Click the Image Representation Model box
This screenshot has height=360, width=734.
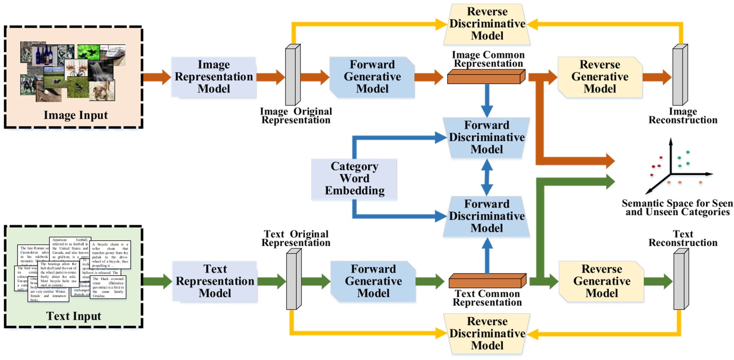[x=213, y=77]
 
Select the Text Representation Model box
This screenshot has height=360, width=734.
[x=213, y=281]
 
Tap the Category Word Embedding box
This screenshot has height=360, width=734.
[x=354, y=179]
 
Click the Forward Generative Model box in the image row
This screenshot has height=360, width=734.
[x=372, y=77]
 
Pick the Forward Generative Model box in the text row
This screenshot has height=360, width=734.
[x=373, y=281]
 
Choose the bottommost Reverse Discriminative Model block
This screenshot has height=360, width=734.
[x=487, y=334]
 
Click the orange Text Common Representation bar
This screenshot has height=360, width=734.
[x=487, y=281]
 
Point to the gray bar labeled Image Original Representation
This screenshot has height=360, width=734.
[x=292, y=76]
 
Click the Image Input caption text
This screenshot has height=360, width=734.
[x=76, y=115]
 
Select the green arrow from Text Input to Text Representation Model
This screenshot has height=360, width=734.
[x=156, y=281]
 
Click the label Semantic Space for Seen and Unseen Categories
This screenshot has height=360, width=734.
[x=676, y=207]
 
